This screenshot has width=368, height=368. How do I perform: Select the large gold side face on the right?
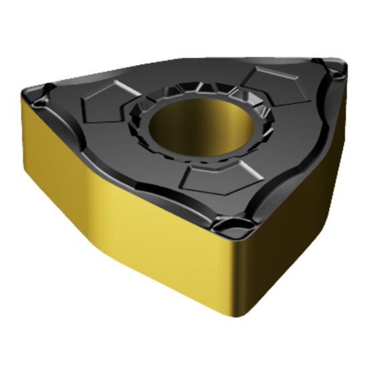pyautogui.click(x=294, y=221)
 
